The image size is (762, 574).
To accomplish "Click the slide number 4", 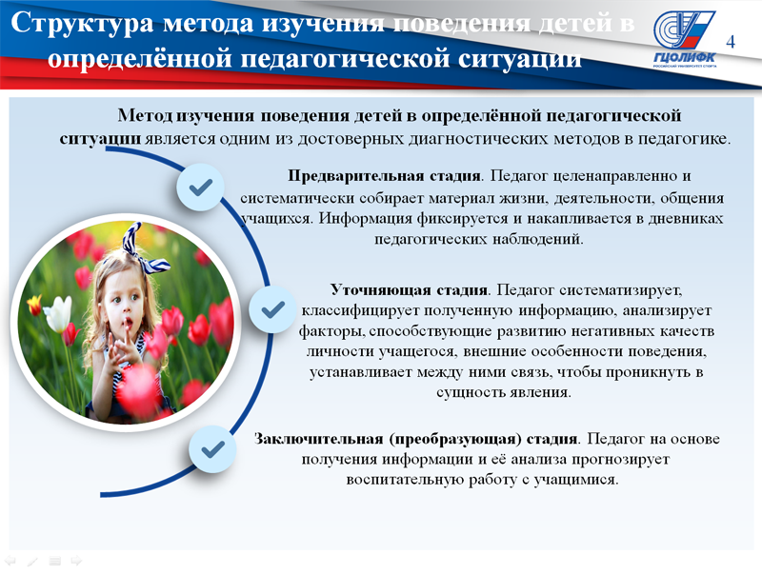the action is [x=731, y=42].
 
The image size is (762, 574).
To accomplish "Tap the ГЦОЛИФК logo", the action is [x=684, y=39].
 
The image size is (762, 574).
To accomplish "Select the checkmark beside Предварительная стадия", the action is [x=200, y=187].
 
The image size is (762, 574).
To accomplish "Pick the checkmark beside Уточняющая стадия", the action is [x=272, y=309].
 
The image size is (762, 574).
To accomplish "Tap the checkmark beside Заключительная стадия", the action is [x=212, y=448].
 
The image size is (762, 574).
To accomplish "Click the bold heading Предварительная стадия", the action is [x=384, y=175].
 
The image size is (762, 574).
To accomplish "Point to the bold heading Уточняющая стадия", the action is [x=409, y=290].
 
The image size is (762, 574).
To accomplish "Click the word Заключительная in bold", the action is [x=319, y=439].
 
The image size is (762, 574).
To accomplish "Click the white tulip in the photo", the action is [x=58, y=313].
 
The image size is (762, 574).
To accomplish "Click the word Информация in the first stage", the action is [x=366, y=219].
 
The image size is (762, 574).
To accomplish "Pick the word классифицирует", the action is [x=360, y=310].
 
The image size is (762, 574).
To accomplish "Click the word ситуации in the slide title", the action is [x=520, y=58].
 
